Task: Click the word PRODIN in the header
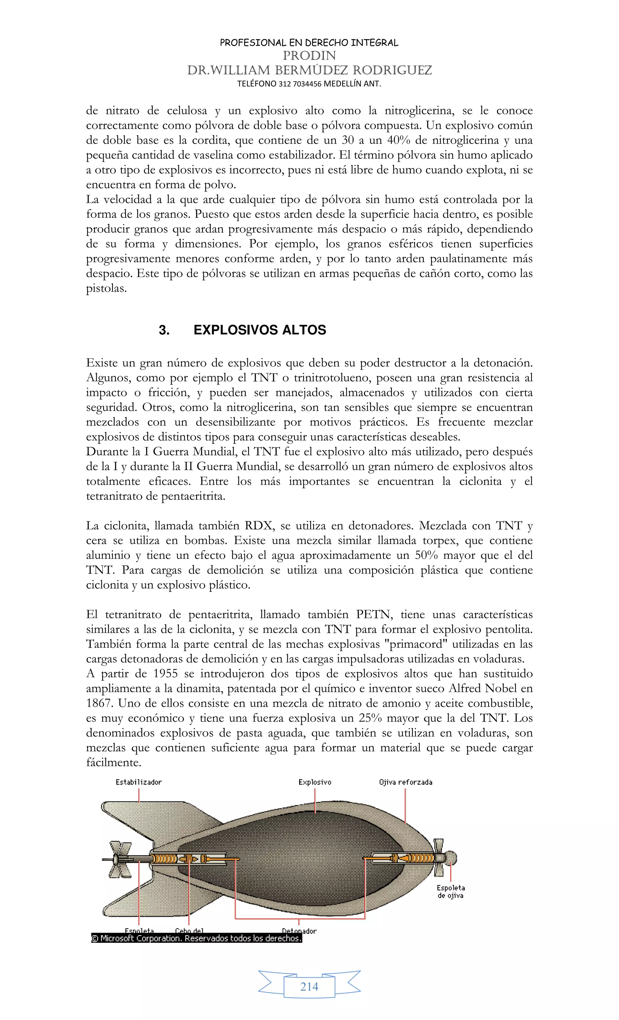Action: coord(309,55)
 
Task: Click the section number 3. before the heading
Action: coord(164,330)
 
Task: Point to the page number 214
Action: coord(309,987)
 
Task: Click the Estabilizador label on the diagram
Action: coord(139,782)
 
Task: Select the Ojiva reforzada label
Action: coord(406,782)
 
